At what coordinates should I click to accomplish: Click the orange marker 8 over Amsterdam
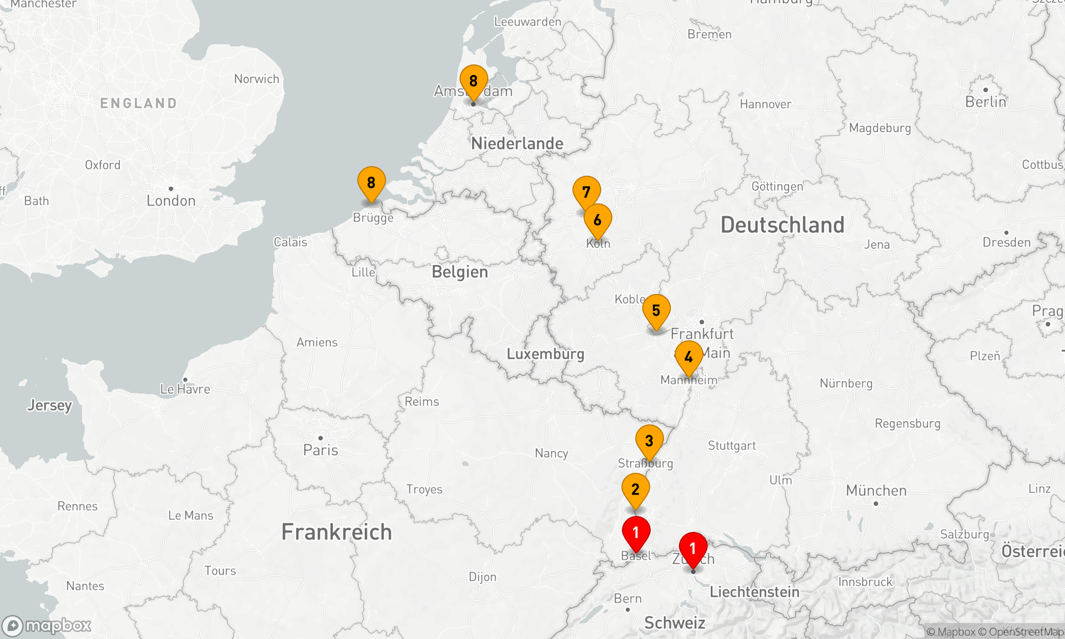tap(473, 81)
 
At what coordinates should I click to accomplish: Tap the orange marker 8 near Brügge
tap(371, 183)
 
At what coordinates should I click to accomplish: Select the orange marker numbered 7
tap(586, 192)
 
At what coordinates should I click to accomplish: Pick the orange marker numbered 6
tap(598, 220)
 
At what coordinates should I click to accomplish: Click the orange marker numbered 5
tap(656, 310)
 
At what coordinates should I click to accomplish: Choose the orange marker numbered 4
tap(689, 357)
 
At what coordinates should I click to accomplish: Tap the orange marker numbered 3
tap(649, 441)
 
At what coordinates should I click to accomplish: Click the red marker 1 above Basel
tap(636, 532)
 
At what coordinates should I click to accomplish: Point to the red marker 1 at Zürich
tap(693, 548)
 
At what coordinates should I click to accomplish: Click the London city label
tap(171, 201)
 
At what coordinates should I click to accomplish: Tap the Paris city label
tap(321, 450)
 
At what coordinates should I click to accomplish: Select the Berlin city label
tap(986, 102)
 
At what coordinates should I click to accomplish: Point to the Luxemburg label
tap(545, 354)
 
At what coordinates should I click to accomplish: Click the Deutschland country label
tap(782, 225)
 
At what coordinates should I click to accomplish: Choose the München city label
tap(876, 490)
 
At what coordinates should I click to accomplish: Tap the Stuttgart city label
tap(732, 446)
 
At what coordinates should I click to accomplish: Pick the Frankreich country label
tap(337, 532)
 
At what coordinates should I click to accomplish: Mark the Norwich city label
tap(257, 79)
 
